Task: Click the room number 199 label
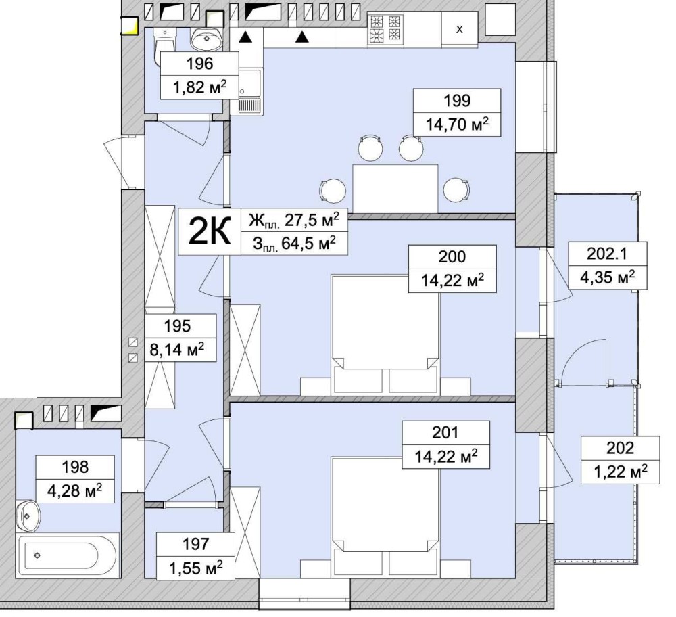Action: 457,101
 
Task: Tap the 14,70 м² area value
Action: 457,124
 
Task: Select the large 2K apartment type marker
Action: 210,231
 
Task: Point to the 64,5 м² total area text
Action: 308,244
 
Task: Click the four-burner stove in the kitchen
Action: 386,28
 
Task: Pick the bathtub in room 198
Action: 68,555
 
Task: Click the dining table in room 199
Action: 395,189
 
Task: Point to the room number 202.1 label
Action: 607,254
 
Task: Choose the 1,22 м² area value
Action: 621,472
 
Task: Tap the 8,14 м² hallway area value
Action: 177,350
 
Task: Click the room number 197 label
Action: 196,544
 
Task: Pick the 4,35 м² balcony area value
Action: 607,277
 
